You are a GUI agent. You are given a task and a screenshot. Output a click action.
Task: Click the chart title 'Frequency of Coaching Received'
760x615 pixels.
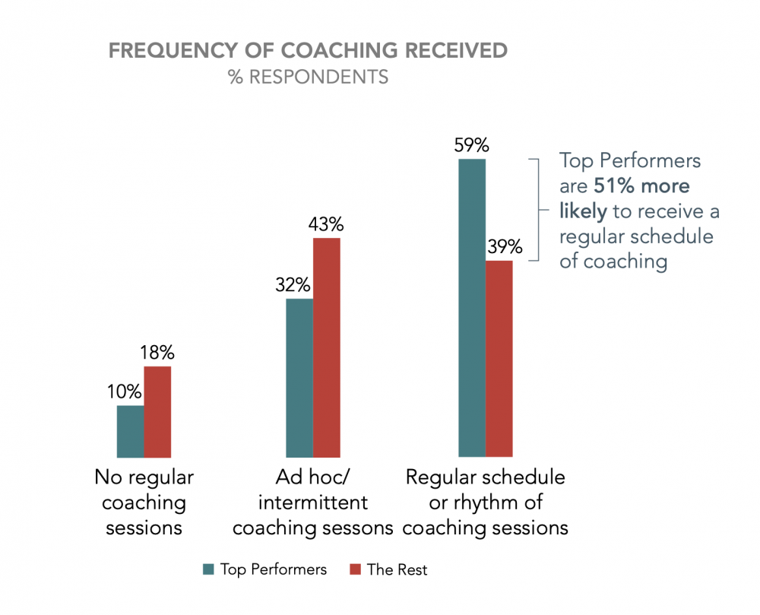(308, 51)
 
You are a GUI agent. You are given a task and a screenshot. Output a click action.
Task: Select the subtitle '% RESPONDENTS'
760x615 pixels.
(308, 77)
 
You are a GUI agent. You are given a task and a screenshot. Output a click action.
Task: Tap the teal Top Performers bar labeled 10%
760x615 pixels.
(130, 431)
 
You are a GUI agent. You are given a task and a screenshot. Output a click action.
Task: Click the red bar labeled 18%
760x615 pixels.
(157, 411)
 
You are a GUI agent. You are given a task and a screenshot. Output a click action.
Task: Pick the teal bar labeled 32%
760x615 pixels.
(299, 378)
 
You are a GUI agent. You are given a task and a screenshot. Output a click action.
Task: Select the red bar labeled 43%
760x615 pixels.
(327, 347)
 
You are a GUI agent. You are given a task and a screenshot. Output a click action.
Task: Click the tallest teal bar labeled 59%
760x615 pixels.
(472, 308)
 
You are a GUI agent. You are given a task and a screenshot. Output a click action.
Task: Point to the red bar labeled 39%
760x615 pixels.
(499, 359)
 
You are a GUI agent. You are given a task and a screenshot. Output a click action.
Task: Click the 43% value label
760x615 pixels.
(327, 224)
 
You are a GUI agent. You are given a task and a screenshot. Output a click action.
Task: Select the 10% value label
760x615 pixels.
(124, 392)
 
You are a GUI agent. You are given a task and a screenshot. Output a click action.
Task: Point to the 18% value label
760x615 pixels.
(158, 353)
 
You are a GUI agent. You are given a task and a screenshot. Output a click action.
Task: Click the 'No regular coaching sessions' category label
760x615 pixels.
(144, 502)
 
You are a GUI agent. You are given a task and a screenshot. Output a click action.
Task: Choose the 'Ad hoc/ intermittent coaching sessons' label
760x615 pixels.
(312, 502)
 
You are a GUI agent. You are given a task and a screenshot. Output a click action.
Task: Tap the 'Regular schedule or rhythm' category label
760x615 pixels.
(486, 502)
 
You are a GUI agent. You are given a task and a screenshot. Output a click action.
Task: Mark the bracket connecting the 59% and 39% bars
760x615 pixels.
(537, 210)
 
